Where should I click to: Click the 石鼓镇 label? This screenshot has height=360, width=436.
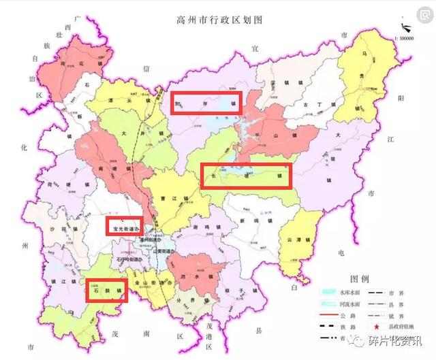[106, 291]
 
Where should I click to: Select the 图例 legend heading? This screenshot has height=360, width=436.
[359, 279]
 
